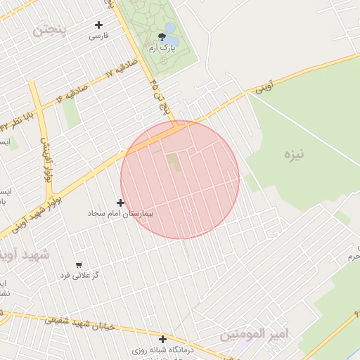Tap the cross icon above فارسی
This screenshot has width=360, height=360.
(99, 25)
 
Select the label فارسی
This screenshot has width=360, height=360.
(99, 36)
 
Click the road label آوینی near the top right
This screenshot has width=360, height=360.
(263, 87)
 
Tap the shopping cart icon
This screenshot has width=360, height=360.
(78, 266)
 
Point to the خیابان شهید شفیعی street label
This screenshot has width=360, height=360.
(77, 324)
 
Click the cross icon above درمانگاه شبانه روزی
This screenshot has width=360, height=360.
(162, 339)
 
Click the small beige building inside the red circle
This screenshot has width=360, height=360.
(173, 162)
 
